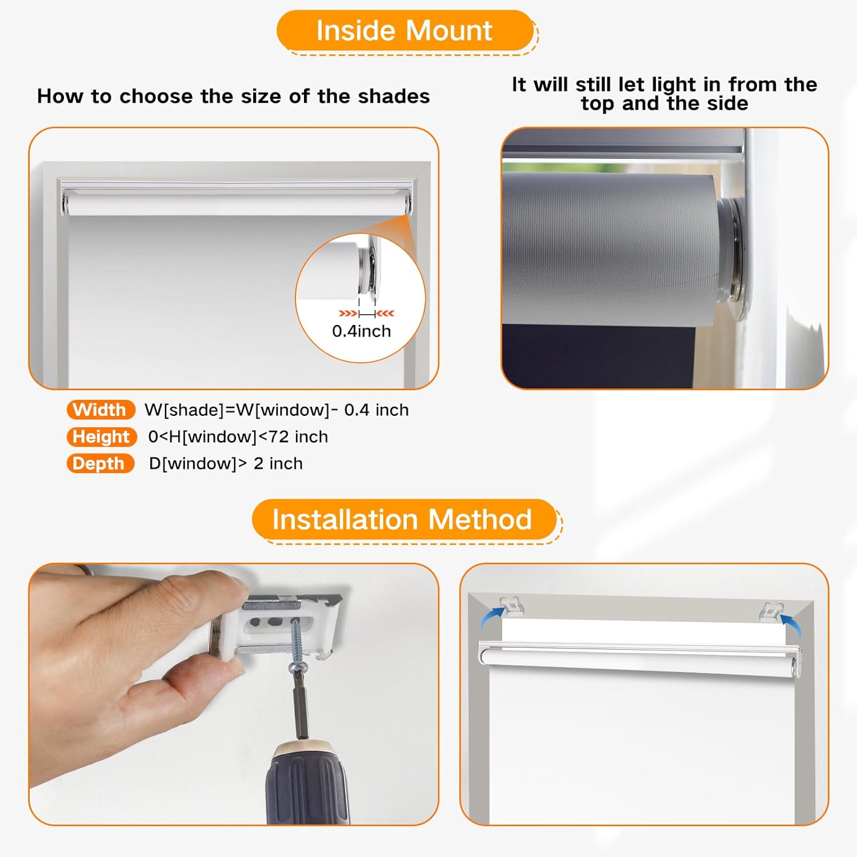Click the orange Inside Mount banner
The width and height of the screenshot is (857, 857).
(405, 31)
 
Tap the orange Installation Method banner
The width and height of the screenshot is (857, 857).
(403, 520)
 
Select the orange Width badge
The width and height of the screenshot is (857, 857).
(100, 410)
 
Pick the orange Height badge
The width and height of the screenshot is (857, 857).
(101, 436)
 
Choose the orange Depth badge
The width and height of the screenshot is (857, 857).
(99, 463)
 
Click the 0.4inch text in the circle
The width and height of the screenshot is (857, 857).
(361, 331)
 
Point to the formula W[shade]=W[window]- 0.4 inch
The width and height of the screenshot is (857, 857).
(277, 410)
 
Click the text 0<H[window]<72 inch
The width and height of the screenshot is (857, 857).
(238, 436)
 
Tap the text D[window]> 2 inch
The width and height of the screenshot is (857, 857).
(226, 463)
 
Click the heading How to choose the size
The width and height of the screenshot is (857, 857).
(233, 96)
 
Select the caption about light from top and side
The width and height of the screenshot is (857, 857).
(664, 94)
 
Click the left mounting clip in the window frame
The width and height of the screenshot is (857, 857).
(512, 606)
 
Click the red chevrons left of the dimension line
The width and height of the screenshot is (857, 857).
(347, 313)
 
